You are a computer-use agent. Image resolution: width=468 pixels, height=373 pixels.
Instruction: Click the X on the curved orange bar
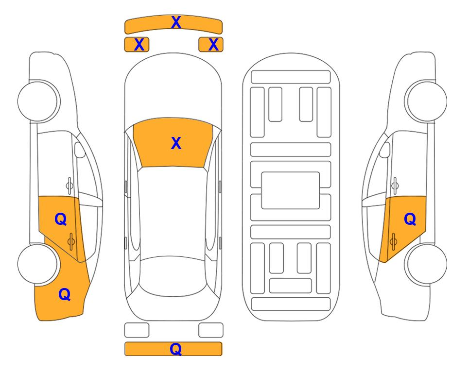pos(176,22)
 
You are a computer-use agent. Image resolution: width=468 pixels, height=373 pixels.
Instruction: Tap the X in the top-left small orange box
pos(139,45)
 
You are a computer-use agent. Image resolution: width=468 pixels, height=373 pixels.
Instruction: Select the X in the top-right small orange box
pos(213,45)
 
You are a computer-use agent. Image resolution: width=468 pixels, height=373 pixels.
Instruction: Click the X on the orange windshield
pos(176,143)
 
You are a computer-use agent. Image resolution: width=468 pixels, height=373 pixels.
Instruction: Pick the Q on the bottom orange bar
pos(176,349)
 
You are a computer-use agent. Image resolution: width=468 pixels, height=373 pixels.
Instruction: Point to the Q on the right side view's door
pos(410,220)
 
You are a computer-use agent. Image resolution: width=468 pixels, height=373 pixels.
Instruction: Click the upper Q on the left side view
pos(61,220)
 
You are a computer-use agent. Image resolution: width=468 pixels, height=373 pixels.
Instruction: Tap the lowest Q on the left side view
pos(65,294)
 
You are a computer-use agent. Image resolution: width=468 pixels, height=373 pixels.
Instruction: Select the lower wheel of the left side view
pos(37,264)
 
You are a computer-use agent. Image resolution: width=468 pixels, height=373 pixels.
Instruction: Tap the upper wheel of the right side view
pos(427,101)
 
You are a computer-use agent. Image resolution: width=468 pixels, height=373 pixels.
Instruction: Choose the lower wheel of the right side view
pos(427,264)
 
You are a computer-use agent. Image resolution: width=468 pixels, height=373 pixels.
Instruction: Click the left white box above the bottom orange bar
pos(137,330)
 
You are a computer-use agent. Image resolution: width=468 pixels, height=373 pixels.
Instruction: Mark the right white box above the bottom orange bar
pos(211,330)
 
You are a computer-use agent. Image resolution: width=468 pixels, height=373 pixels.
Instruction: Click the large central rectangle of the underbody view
pos(291,190)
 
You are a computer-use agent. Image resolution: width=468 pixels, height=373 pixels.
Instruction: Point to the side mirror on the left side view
pos(79,150)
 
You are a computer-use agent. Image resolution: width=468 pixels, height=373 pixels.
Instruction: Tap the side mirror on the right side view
pos(385,150)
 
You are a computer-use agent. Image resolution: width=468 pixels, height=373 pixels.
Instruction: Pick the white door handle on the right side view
pos(395,186)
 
